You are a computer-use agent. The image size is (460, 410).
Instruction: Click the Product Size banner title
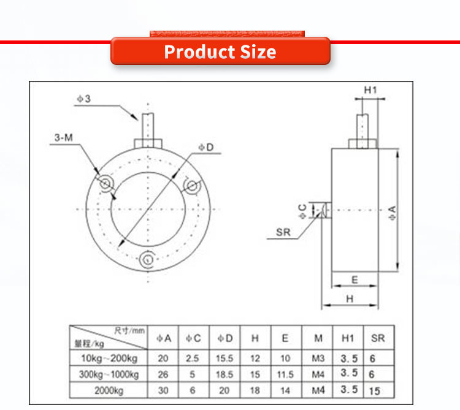(x=220, y=52)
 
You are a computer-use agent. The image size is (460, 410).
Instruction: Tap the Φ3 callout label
(x=84, y=99)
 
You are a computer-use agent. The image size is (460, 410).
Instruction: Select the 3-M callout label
(x=63, y=137)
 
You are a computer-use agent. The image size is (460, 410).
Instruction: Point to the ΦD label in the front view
(x=206, y=147)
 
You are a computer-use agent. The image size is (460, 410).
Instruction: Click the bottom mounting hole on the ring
(x=147, y=259)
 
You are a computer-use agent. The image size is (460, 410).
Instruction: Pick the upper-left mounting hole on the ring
(x=105, y=183)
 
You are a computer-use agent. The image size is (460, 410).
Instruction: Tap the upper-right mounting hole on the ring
(x=192, y=186)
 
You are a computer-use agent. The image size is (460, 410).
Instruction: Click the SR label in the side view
(x=283, y=232)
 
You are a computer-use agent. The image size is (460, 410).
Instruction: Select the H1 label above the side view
(x=370, y=90)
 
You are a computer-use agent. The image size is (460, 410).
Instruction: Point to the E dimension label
(x=355, y=280)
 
